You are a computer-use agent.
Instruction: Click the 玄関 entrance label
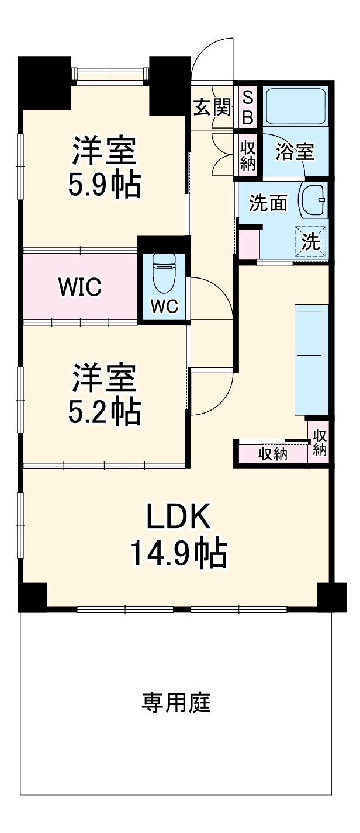tap(212, 108)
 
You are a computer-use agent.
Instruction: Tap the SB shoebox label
tap(247, 107)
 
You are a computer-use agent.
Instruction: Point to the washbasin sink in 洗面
tap(313, 202)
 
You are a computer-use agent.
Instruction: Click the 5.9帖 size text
tap(105, 185)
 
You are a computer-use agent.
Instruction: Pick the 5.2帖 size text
tap(105, 412)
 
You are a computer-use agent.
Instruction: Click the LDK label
tap(177, 516)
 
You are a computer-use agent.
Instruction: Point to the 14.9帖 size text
tap(177, 553)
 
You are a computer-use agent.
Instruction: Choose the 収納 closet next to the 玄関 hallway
tap(248, 153)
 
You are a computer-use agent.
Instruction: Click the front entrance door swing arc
tap(213, 55)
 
